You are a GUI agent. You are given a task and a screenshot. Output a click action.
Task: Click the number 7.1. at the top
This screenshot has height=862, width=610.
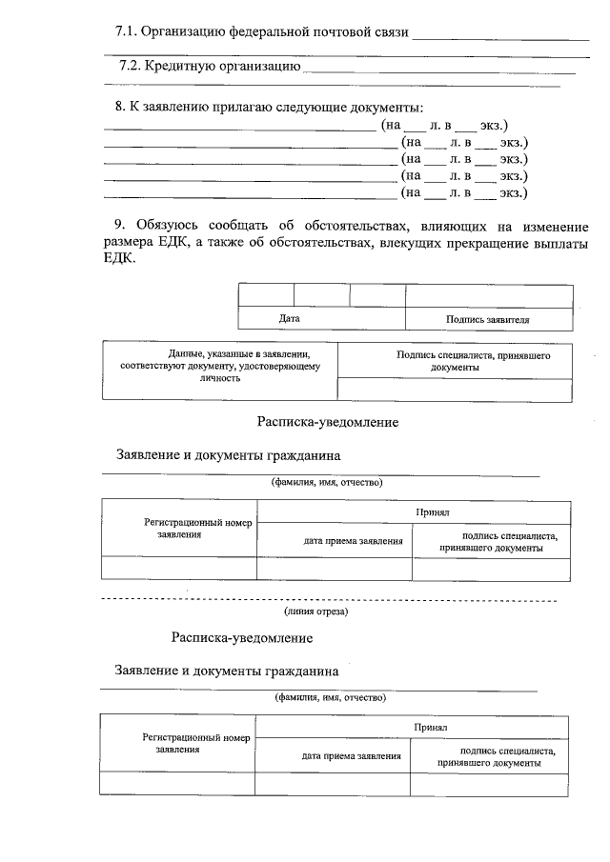pyautogui.click(x=126, y=32)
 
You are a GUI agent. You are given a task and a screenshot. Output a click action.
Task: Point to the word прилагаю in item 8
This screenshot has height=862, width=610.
pyautogui.click(x=228, y=108)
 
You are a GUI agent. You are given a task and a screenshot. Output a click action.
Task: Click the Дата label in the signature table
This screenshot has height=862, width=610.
pyautogui.click(x=290, y=319)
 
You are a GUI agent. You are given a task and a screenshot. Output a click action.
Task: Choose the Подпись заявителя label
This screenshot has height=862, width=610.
pyautogui.click(x=488, y=320)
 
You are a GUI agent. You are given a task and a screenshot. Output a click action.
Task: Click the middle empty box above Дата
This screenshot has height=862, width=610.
pyautogui.click(x=321, y=295)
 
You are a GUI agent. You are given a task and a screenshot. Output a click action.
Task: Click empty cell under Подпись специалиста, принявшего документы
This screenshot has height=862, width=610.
pyautogui.click(x=456, y=390)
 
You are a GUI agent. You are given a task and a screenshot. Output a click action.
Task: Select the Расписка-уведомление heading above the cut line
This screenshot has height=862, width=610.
pyautogui.click(x=327, y=421)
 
